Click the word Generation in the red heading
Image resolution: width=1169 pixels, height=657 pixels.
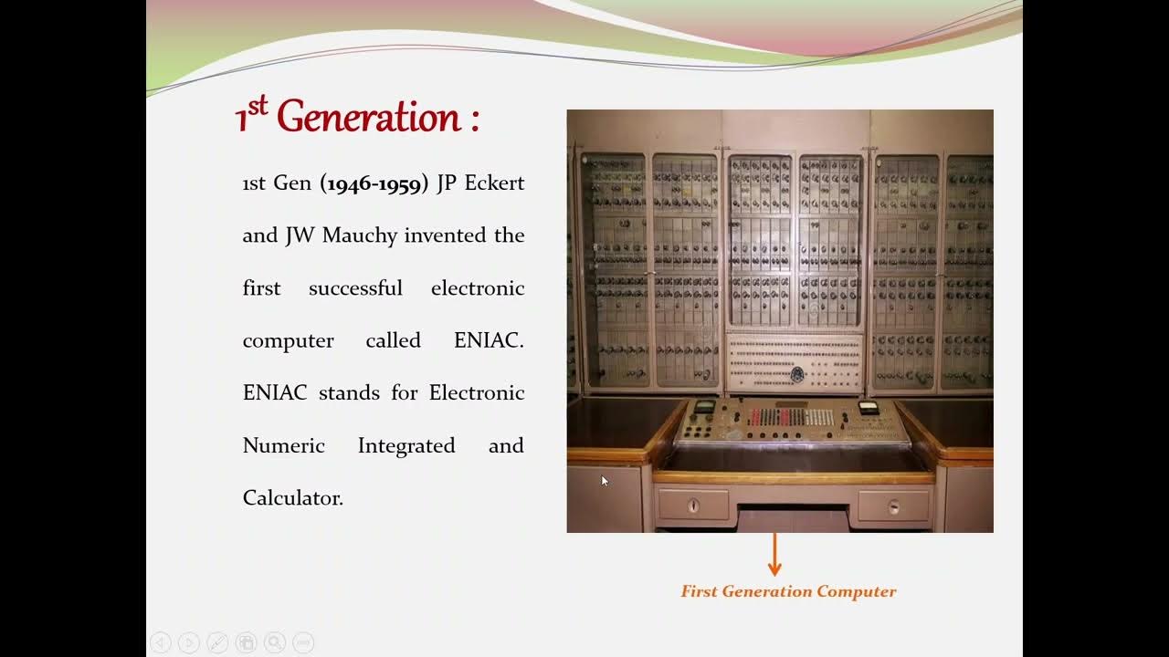pos(368,118)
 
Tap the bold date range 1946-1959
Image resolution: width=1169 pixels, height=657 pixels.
pos(374,183)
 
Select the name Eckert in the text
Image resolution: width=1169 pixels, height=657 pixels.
pos(494,182)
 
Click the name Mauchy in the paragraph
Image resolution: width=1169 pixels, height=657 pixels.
pos(360,235)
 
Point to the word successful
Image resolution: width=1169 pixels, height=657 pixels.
pos(355,288)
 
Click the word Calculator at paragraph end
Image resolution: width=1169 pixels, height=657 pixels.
pos(292,498)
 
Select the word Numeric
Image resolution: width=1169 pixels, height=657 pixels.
pos(283,445)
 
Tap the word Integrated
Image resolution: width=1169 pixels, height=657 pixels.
pos(405,445)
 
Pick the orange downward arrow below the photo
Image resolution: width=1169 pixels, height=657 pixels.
pos(774,555)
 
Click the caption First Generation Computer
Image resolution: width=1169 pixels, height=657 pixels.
pos(788,591)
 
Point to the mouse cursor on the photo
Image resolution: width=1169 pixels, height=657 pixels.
pos(604,480)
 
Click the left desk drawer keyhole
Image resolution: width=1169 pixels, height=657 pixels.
pos(693,505)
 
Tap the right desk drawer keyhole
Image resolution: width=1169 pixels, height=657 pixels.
pos(894,506)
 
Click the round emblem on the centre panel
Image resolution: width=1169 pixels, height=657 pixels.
pos(796,373)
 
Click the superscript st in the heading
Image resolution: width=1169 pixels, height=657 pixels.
pos(258,105)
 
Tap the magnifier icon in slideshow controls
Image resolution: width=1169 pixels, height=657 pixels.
pos(274,643)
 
